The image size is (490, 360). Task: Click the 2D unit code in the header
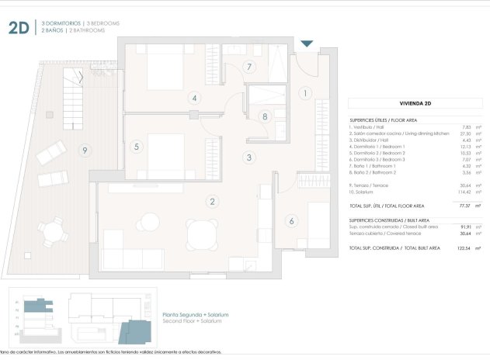pyautogui.click(x=19, y=29)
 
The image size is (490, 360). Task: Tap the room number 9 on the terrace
pyautogui.click(x=84, y=151)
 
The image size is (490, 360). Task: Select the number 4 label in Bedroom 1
pyautogui.click(x=193, y=98)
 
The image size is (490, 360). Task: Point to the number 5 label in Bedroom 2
pyautogui.click(x=136, y=146)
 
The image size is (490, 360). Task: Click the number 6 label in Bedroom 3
pyautogui.click(x=292, y=221)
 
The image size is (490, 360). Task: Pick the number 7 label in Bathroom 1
pyautogui.click(x=248, y=67)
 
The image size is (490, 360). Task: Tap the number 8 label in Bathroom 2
pyautogui.click(x=265, y=117)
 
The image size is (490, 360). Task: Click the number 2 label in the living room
pyautogui.click(x=211, y=202)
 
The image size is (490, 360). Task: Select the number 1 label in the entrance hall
pyautogui.click(x=305, y=94)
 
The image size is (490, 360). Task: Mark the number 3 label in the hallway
pyautogui.click(x=248, y=157)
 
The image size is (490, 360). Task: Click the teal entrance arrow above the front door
pyautogui.click(x=308, y=44)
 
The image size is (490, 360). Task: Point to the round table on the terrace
pyautogui.click(x=53, y=230)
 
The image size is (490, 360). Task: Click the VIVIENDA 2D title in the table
pyautogui.click(x=415, y=103)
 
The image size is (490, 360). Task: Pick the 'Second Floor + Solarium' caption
pyautogui.click(x=195, y=320)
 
